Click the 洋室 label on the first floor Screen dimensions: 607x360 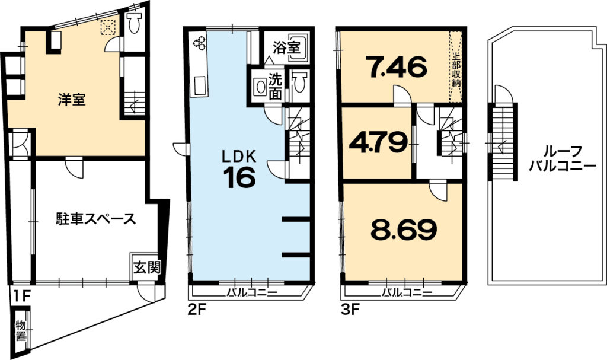pyautogui.click(x=72, y=100)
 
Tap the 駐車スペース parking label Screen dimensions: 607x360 pyautogui.click(x=95, y=219)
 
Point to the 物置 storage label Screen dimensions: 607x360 pyautogui.click(x=21, y=330)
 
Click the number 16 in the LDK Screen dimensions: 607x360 pyautogui.click(x=239, y=177)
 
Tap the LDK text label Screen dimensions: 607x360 pyautogui.click(x=239, y=157)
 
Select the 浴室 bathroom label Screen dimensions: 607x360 pyautogui.click(x=286, y=47)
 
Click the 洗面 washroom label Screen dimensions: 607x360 pyautogui.click(x=275, y=87)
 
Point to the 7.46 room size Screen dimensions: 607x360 pyautogui.click(x=397, y=66)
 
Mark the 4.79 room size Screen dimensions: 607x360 pyautogui.click(x=378, y=142)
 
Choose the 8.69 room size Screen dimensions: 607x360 pyautogui.click(x=404, y=230)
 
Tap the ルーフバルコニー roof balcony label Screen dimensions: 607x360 pyautogui.click(x=562, y=158)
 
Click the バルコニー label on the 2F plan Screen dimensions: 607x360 pyautogui.click(x=251, y=292)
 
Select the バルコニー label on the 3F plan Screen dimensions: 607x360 pyautogui.click(x=407, y=292)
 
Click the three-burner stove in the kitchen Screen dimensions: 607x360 pyautogui.click(x=200, y=42)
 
